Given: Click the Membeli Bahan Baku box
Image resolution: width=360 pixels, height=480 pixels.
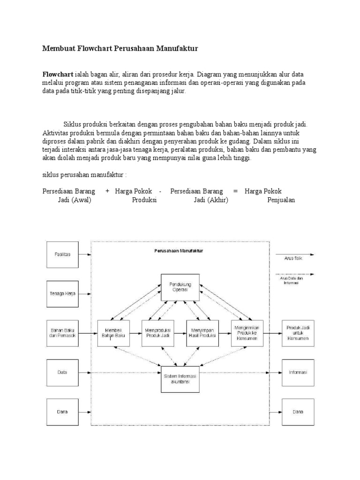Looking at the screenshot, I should click(113, 333).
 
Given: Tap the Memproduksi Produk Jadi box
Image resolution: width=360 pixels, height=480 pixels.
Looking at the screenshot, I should click(157, 333).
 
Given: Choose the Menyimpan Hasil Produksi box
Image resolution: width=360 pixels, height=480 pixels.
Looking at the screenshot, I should click(202, 333).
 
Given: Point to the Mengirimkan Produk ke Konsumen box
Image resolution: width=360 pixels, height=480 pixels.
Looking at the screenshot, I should click(247, 333).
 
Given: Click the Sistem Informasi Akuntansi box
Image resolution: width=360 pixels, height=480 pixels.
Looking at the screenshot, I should click(180, 379).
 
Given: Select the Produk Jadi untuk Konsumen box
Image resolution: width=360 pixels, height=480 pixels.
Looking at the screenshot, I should click(298, 333).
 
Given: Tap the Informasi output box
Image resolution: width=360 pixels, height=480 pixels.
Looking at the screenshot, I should click(298, 372).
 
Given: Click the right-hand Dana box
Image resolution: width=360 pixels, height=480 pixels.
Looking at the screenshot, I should click(298, 412).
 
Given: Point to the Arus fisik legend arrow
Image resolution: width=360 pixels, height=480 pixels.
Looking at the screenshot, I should click(295, 255).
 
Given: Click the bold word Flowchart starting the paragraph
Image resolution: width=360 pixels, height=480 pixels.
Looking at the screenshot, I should click(58, 75).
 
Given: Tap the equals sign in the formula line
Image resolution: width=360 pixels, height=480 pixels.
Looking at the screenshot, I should click(235, 191).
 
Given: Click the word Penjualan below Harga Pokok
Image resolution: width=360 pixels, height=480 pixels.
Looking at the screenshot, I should click(281, 200).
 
